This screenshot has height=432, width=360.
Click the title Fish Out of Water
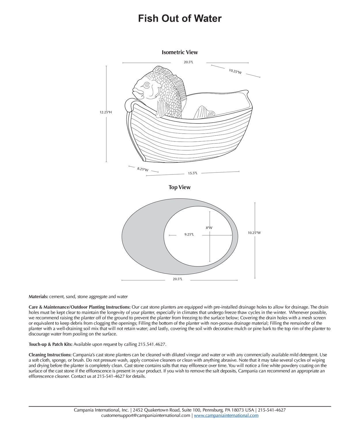[x=180, y=18]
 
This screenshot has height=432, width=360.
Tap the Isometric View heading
[x=180, y=52]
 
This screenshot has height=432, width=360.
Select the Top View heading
[x=180, y=187]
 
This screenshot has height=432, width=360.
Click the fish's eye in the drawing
[x=147, y=85]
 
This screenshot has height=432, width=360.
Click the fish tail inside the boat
[x=204, y=112]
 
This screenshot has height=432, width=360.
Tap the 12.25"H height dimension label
[x=106, y=112]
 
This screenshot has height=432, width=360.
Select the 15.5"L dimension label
[x=193, y=173]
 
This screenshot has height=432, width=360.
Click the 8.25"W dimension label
[x=143, y=169]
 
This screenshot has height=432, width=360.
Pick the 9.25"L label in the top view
[x=189, y=234]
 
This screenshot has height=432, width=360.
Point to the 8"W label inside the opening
[x=209, y=228]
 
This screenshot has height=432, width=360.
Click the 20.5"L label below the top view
[x=177, y=279]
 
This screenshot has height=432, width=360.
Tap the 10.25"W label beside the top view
[x=254, y=233]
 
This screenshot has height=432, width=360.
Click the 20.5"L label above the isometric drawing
[x=189, y=62]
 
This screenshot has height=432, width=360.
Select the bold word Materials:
[x=38, y=297]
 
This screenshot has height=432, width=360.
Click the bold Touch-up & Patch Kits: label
[x=51, y=344]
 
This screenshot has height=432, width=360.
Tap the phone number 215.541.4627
[x=152, y=344]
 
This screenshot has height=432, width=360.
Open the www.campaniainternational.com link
[x=226, y=415]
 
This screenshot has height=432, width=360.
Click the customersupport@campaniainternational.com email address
[x=146, y=415]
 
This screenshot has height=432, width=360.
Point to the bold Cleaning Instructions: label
[x=50, y=355]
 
